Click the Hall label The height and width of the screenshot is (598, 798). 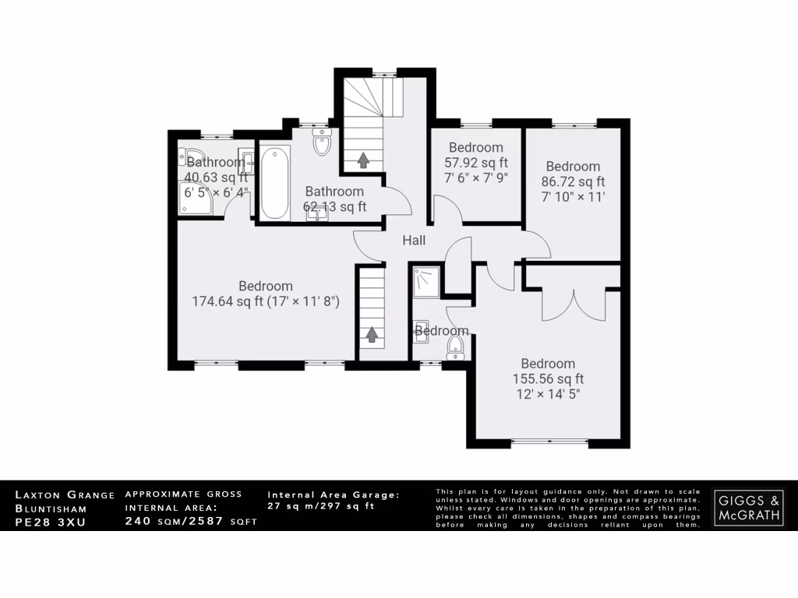414,241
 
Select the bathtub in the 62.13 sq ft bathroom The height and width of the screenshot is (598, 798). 274,184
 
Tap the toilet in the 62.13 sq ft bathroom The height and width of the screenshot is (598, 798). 321,142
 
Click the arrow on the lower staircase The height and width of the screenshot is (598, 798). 372,334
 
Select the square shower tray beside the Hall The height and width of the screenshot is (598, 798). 426,281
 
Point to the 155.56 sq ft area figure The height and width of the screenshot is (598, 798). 548,379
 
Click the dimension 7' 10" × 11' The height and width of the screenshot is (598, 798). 573,196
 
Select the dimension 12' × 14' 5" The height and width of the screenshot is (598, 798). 548,394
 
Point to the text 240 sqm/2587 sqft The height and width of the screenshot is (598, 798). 191,522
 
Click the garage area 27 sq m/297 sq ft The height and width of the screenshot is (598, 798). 321,506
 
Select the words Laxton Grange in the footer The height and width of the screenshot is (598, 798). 65,494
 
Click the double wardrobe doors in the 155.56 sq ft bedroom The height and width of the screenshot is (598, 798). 573,304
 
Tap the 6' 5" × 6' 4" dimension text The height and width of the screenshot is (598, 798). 217,192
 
